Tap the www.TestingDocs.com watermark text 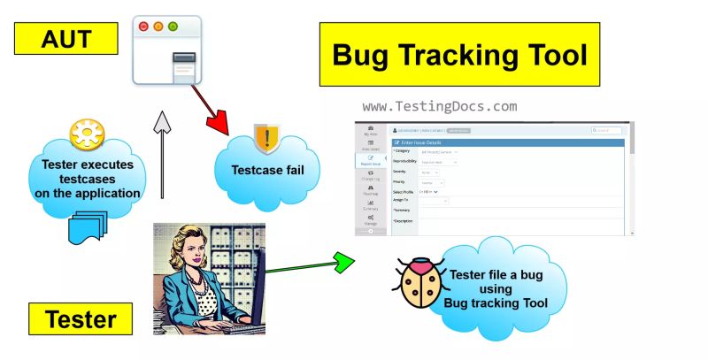pos(440,106)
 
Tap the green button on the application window pos(173,27)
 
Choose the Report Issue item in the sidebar pos(370,162)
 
